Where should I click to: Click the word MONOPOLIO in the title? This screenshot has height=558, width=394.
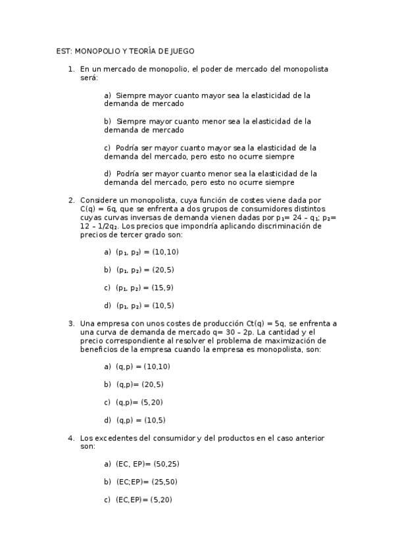click(96, 51)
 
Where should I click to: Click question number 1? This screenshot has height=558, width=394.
click(71, 68)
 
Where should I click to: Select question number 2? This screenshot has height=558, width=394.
click(71, 200)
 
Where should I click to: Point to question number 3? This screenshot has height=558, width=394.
click(71, 323)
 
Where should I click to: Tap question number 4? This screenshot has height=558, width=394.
click(71, 438)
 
